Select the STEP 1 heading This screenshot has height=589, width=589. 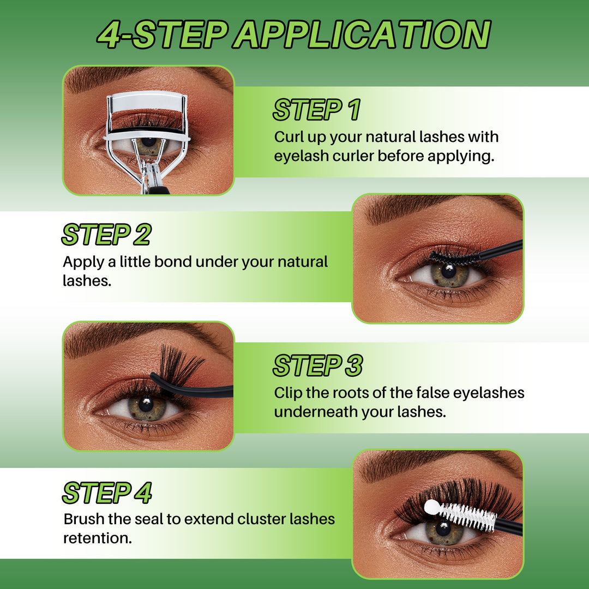[x=316, y=110]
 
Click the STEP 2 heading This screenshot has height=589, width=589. [x=106, y=235]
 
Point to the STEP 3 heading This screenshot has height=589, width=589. [x=317, y=365]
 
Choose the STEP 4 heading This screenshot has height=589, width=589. [x=106, y=493]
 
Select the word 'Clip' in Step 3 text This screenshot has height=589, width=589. [x=288, y=393]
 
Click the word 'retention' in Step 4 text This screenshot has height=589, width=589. [x=96, y=538]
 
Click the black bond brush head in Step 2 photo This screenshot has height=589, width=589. [x=454, y=258]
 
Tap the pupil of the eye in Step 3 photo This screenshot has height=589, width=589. [x=145, y=404]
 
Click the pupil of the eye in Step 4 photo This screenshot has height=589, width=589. [x=443, y=528]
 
